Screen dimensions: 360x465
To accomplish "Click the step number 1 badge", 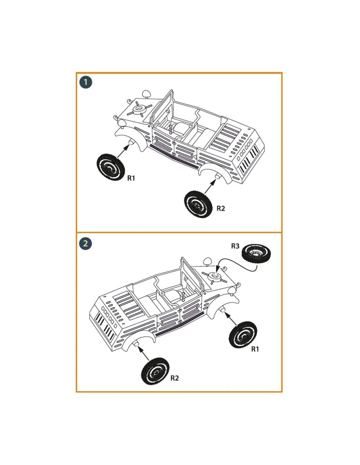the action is click(x=86, y=82).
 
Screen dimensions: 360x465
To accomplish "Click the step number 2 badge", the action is click(x=86, y=244).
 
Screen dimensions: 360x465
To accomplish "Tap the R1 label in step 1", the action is click(x=131, y=178).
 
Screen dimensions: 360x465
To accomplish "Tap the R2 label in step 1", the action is click(x=221, y=208).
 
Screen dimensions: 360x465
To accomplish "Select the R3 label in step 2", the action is click(x=235, y=246).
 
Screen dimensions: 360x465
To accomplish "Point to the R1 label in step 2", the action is click(x=255, y=349).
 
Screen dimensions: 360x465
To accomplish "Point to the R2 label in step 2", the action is click(x=174, y=378).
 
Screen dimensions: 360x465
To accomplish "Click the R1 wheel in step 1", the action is click(x=111, y=167).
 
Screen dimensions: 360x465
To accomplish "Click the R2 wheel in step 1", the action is click(x=198, y=204).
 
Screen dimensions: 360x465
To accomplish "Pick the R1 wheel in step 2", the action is click(x=243, y=335).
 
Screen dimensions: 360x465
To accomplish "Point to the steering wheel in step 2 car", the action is click(x=183, y=296).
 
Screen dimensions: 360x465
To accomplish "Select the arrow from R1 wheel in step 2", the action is click(x=230, y=319).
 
